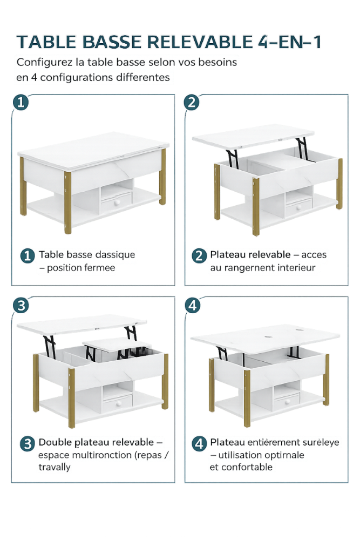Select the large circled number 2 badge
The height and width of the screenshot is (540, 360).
[192, 103]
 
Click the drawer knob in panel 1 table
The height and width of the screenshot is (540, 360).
[116, 202]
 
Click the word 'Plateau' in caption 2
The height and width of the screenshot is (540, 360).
[227, 254]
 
